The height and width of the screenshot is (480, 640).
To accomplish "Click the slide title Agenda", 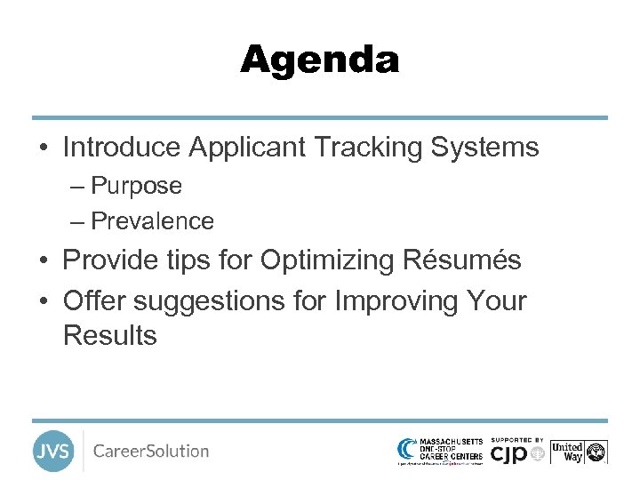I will click(320, 60).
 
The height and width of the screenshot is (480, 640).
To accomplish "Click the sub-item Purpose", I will click(136, 186).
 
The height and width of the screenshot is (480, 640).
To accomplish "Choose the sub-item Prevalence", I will click(152, 220).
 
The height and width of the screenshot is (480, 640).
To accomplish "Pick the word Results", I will click(109, 336).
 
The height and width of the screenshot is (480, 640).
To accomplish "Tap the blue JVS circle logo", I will click(53, 451).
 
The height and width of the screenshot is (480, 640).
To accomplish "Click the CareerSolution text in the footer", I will click(151, 451).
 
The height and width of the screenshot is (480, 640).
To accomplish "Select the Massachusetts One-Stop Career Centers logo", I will click(440, 451).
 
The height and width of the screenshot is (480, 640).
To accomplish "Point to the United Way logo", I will click(578, 452).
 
